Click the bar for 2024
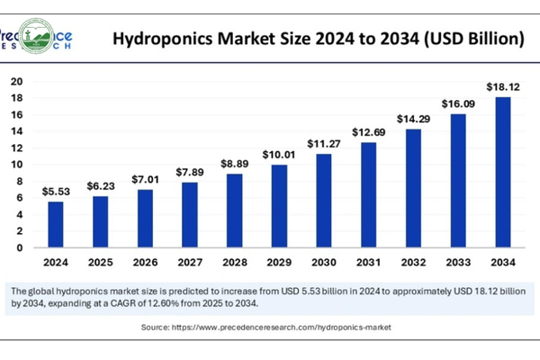click(x=55, y=224)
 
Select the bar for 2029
click(x=280, y=206)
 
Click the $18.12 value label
click(x=502, y=86)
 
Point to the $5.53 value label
click(x=55, y=192)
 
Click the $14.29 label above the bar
click(x=413, y=118)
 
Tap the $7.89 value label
click(x=189, y=172)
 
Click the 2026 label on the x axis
click(x=145, y=262)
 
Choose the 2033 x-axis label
click(x=458, y=262)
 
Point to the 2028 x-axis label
click(x=234, y=262)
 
